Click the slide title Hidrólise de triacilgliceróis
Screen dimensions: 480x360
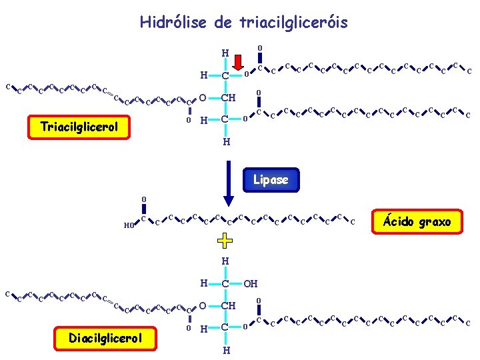[x=243, y=23]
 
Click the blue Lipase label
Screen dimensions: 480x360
[x=271, y=179]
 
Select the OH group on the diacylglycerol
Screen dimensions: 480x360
[x=250, y=284]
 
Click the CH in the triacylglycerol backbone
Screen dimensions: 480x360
[x=229, y=99]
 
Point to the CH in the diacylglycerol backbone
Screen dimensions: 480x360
[x=229, y=306]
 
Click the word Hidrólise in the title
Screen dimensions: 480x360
[x=173, y=23]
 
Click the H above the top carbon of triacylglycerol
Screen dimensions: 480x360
[x=225, y=53]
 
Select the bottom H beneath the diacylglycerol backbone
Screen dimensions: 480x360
[x=227, y=350]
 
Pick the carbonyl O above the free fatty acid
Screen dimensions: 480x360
[x=143, y=199]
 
